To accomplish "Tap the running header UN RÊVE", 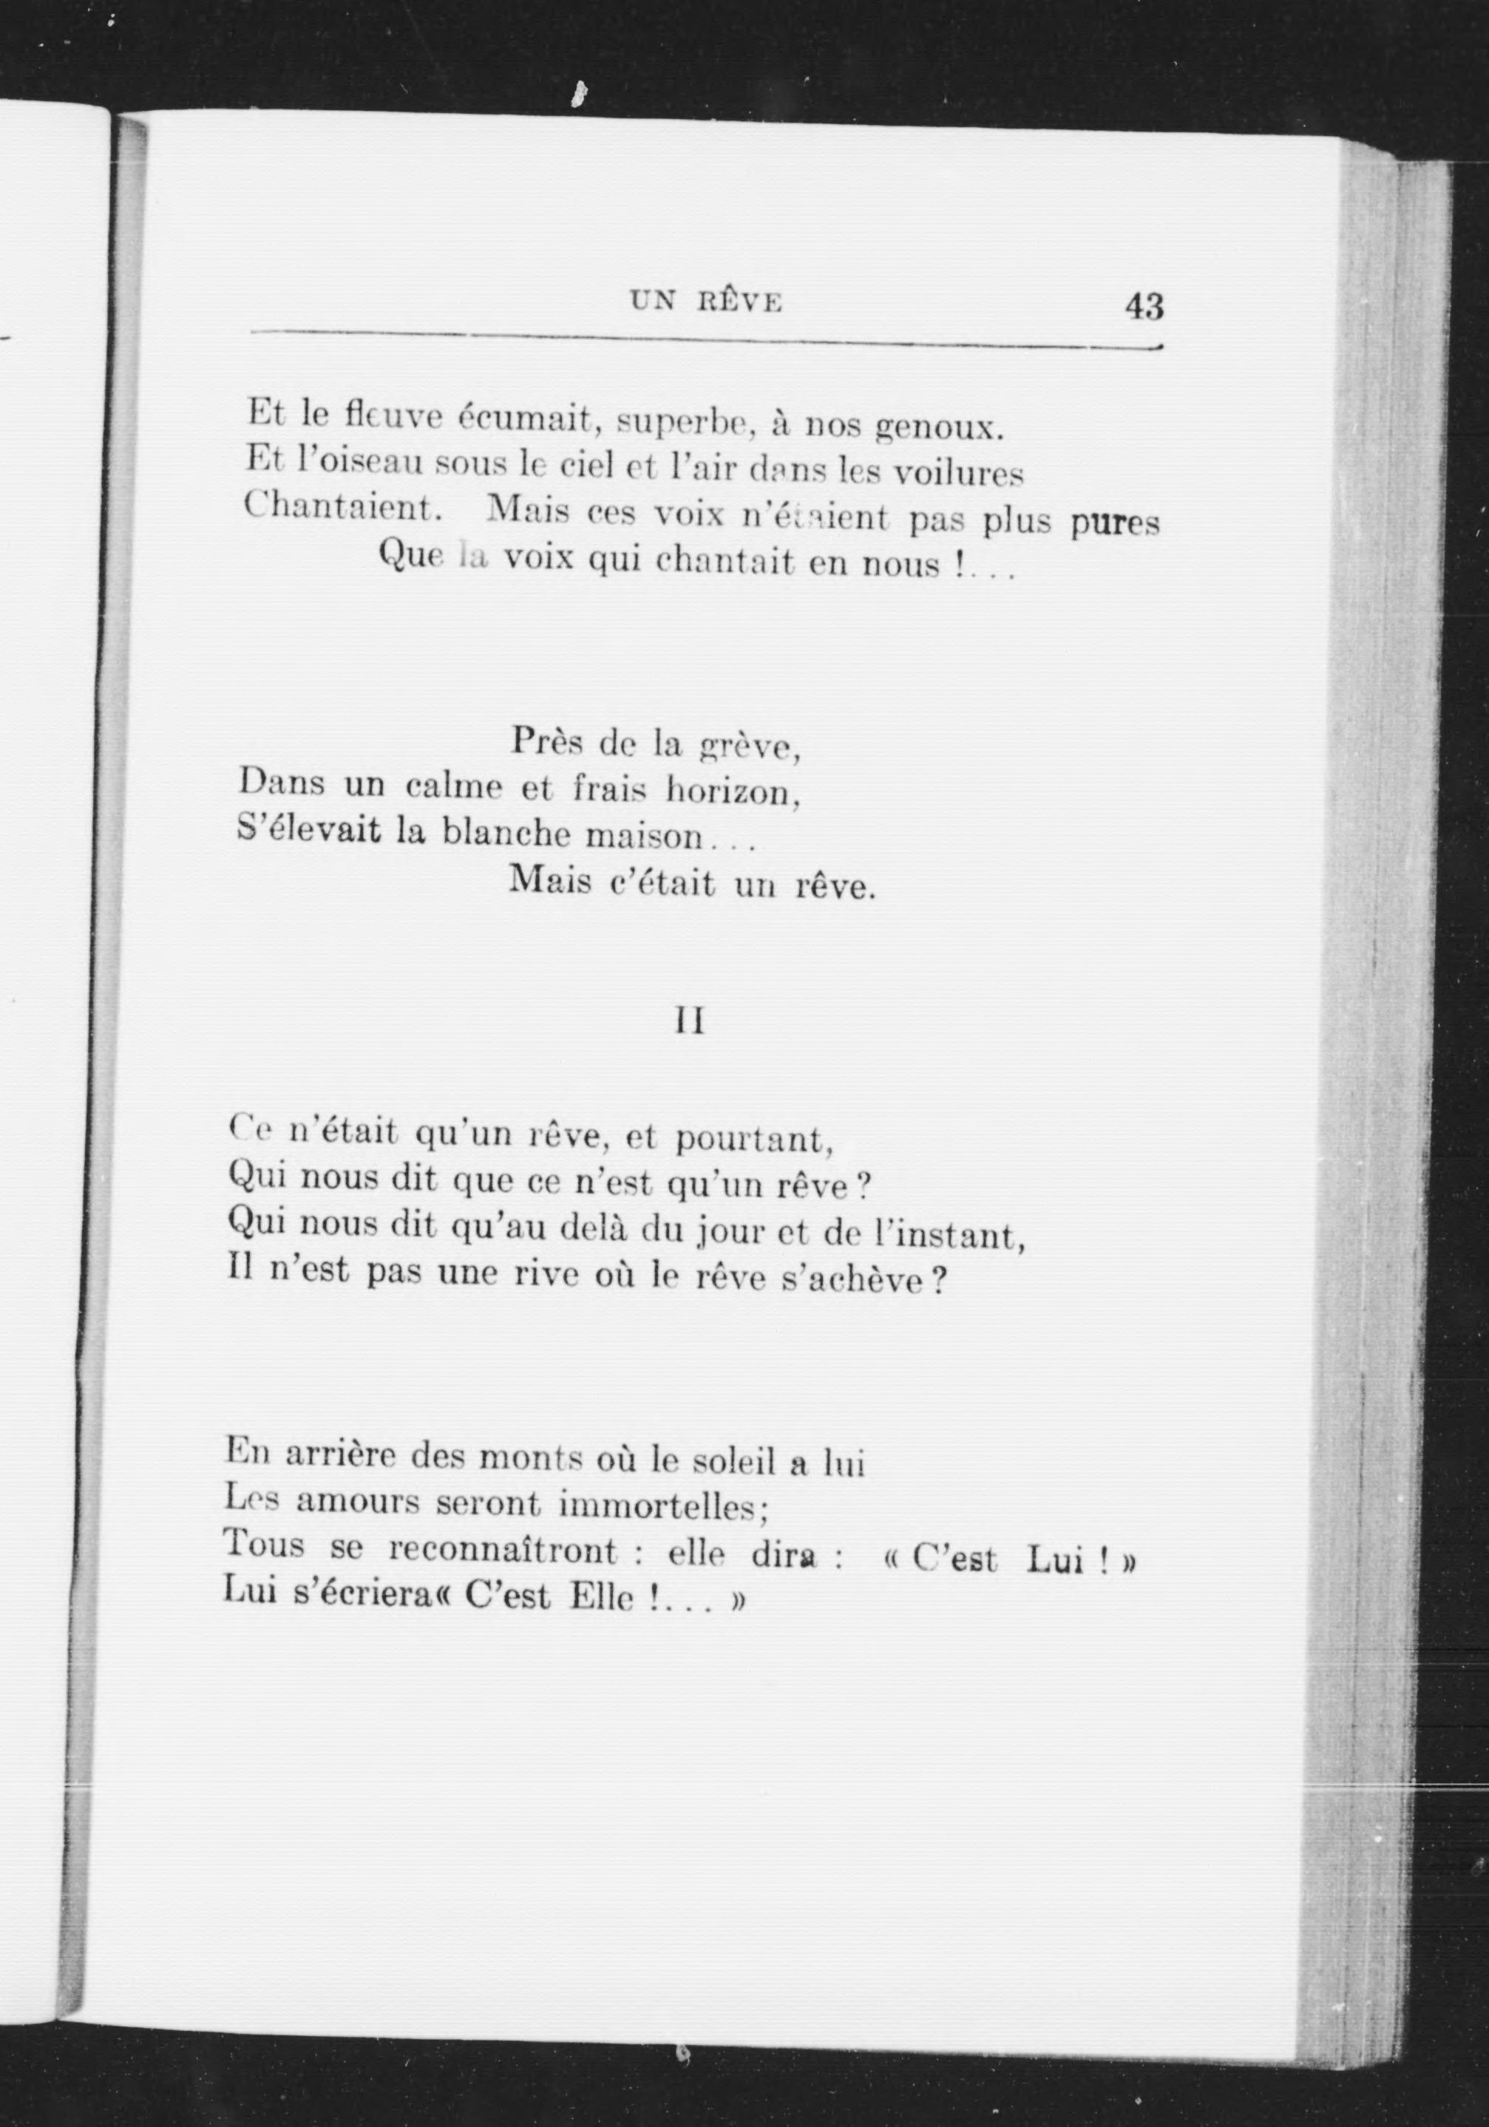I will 706,302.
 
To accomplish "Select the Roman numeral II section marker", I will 688,1022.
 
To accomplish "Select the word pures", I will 1115,523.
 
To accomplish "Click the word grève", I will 749,744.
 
